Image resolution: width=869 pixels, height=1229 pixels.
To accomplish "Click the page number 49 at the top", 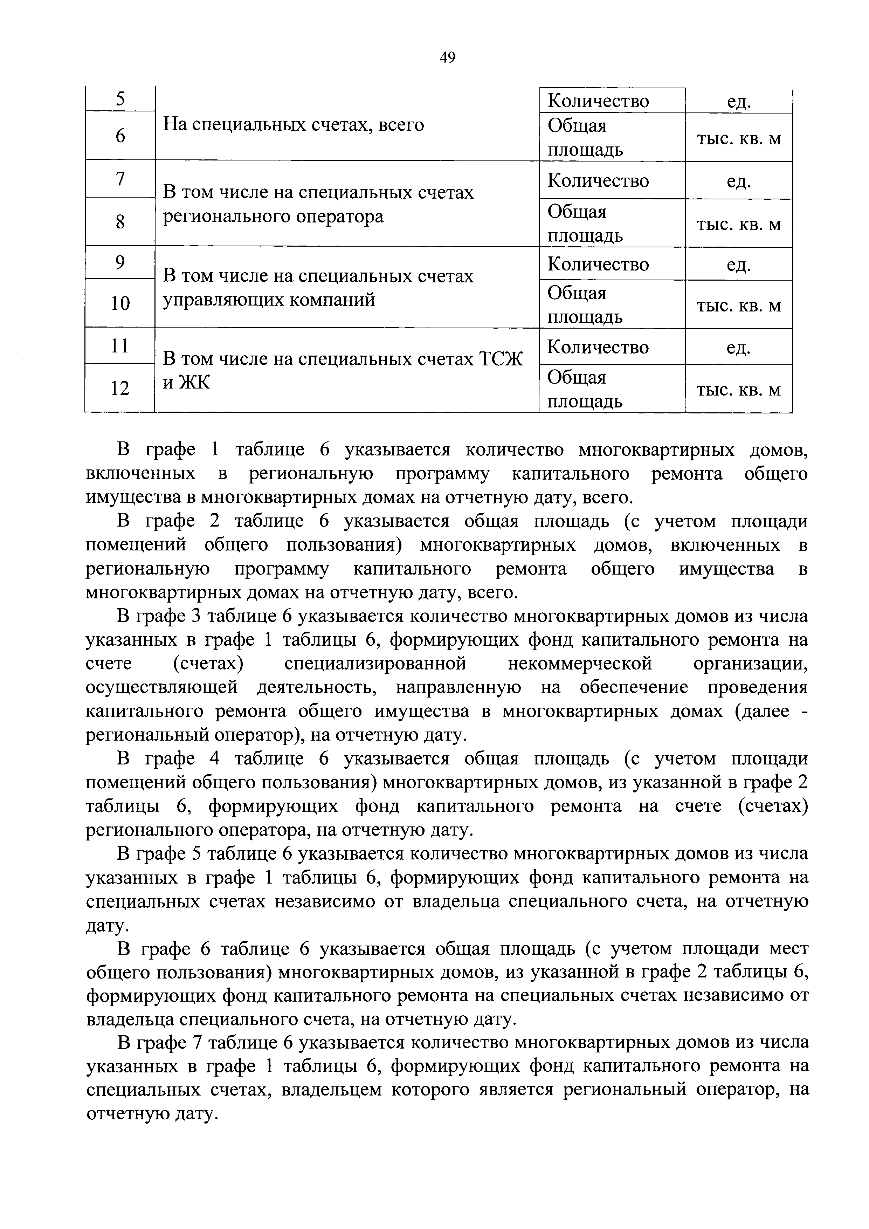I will tap(447, 57).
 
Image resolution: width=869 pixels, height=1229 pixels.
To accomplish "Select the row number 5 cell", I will tap(120, 99).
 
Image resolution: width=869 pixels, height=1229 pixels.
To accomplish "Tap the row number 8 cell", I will tap(120, 222).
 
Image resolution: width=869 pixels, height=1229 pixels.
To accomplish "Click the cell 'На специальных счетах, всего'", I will tap(293, 125).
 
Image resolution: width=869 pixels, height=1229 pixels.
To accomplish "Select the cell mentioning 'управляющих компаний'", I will tap(269, 300).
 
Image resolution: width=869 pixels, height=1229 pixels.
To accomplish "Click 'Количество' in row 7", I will tap(598, 180).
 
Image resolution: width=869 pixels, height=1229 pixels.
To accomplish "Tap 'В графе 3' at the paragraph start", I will tap(158, 617).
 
